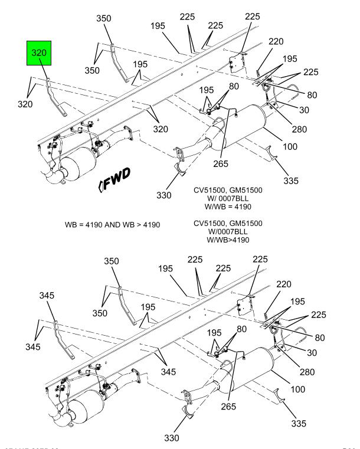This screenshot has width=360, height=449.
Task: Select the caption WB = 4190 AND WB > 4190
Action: (112, 225)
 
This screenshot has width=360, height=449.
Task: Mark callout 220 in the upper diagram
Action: (276, 41)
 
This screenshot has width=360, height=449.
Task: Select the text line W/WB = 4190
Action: (227, 207)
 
